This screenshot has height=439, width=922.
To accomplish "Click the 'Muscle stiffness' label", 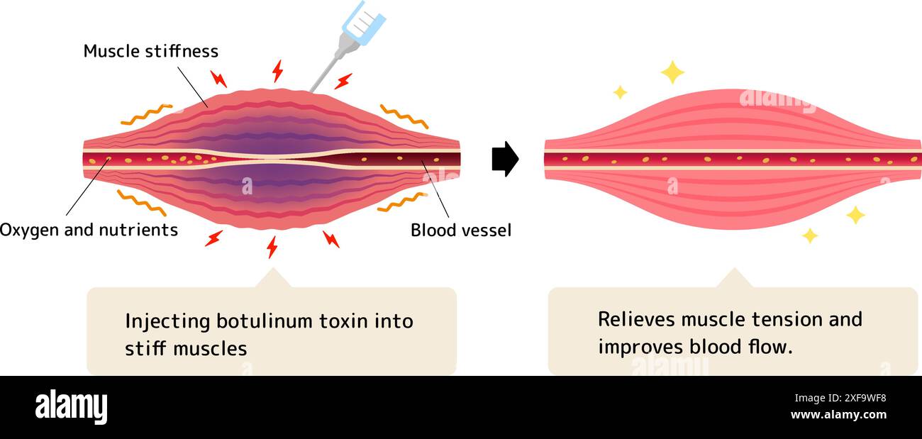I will (x=150, y=51).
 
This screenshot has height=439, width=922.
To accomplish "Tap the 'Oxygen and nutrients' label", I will (x=89, y=230).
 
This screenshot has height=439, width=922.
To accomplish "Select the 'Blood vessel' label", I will (x=460, y=230).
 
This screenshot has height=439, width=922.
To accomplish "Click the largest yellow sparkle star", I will (x=672, y=72).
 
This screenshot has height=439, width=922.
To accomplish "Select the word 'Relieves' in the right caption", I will (x=636, y=319).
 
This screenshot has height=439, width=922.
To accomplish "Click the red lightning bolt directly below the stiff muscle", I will (x=272, y=247).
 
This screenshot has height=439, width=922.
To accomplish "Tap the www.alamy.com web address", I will (x=838, y=416).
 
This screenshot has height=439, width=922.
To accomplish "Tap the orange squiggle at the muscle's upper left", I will (x=146, y=114).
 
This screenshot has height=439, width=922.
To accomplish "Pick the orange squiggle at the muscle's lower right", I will (x=401, y=203).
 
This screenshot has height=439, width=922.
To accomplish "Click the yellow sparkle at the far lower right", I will (x=855, y=214).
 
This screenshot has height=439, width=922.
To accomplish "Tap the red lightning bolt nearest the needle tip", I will (x=343, y=81).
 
